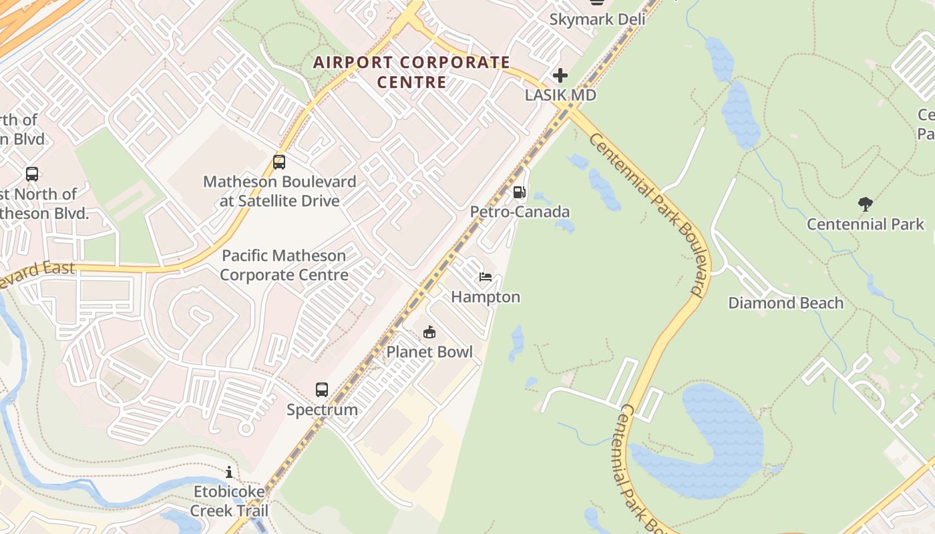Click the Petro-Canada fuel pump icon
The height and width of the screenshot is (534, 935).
[x=519, y=193]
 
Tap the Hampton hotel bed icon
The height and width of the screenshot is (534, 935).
[x=486, y=277]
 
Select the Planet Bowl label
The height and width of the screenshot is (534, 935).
[x=429, y=352]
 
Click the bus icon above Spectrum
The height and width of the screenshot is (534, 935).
[x=322, y=390]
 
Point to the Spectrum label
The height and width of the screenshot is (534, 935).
[x=322, y=409]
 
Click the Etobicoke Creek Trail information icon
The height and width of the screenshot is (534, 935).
[x=229, y=472]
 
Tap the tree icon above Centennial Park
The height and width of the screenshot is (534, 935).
[x=865, y=204]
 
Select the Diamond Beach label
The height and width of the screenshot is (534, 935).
[x=785, y=303]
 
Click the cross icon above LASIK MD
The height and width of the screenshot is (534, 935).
[x=560, y=75]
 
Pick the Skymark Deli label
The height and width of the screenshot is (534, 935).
[x=597, y=19]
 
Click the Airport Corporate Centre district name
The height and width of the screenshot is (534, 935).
[x=412, y=72]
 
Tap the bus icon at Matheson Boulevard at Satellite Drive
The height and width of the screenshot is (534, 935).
[x=279, y=162]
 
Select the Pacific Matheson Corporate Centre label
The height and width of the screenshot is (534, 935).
[x=284, y=265]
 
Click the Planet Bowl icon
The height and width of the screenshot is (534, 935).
[x=429, y=332]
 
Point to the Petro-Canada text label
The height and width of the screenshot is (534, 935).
[x=520, y=212]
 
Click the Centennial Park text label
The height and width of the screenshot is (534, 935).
[x=865, y=224]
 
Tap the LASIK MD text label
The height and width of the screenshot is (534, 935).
[x=560, y=95]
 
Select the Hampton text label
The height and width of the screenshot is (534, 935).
[x=486, y=297]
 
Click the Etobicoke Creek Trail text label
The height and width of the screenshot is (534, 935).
[x=229, y=501]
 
